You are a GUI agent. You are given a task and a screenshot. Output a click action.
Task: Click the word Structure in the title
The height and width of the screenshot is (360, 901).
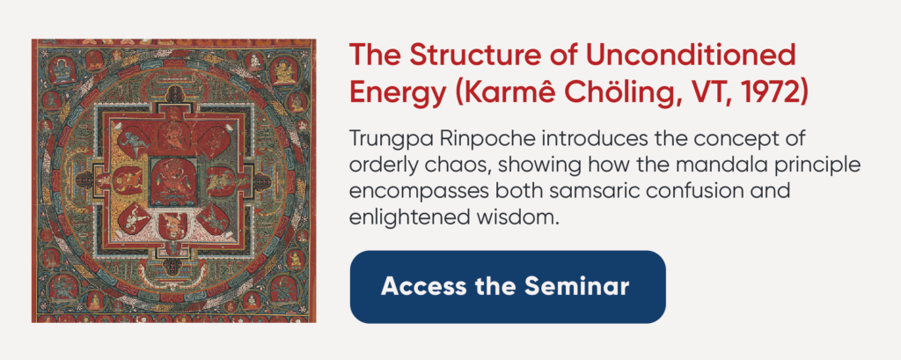(x=454, y=55)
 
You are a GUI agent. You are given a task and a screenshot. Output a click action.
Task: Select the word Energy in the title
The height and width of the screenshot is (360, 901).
(x=397, y=93)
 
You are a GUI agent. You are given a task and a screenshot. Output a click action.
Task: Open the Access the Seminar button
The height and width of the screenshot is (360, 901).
(x=508, y=286)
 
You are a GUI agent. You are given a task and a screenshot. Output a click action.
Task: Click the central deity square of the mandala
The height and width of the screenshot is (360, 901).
(x=173, y=180)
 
